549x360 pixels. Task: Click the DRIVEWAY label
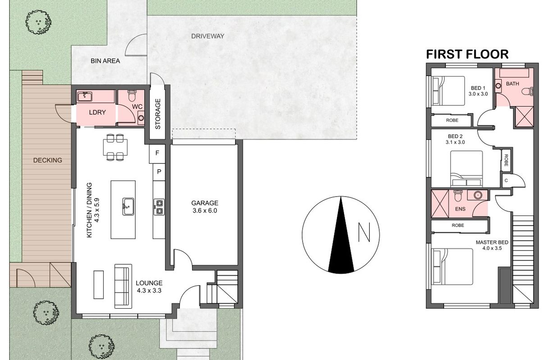point(208,36)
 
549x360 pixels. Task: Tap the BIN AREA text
point(105,61)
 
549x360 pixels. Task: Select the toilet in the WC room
point(132,96)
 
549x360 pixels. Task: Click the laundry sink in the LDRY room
point(85,97)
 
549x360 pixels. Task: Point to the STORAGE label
point(158,114)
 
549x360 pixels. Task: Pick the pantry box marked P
point(159,172)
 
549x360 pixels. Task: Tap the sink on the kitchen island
point(128,207)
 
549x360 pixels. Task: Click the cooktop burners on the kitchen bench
point(159,207)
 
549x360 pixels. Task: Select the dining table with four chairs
point(115,147)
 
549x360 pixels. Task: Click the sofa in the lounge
point(123,286)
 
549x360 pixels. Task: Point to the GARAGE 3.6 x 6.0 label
point(204,207)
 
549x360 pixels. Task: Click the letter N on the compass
point(364,232)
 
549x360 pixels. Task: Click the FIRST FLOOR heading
point(467,54)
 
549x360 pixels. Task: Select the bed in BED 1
point(448,91)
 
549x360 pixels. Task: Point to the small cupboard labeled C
point(506,181)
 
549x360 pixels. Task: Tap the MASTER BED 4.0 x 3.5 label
point(492,245)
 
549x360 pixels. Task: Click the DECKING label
point(48,160)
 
